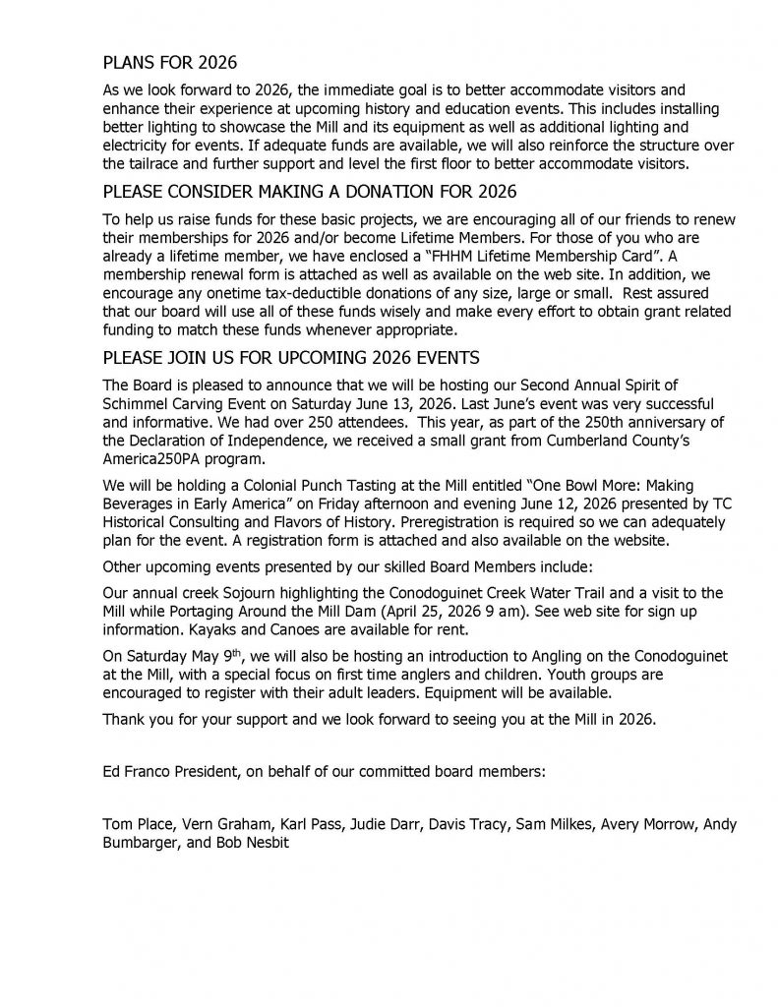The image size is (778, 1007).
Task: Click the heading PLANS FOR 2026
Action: pos(170,63)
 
